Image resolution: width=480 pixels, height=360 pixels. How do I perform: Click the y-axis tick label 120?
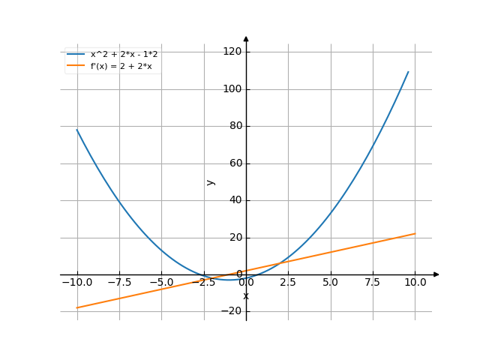(231, 52)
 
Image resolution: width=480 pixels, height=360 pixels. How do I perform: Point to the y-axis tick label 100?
(231, 89)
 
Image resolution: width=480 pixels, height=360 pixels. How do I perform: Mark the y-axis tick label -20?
(232, 312)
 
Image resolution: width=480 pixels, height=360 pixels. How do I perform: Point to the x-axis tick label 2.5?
(287, 283)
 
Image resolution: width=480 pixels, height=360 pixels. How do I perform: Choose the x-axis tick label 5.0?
(330, 283)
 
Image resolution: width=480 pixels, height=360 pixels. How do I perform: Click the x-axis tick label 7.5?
(372, 283)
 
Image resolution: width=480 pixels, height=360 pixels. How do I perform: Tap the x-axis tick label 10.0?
(415, 283)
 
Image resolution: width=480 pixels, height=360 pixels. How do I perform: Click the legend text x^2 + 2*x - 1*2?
(124, 55)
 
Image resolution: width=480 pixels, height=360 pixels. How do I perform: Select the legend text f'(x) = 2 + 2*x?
(121, 66)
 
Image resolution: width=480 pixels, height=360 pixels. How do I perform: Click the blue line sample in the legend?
(75, 55)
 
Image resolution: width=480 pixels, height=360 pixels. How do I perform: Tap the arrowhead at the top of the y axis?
(246, 38)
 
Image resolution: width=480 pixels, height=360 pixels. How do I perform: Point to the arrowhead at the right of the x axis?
(436, 274)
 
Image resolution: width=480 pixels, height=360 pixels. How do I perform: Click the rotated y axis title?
(211, 181)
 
